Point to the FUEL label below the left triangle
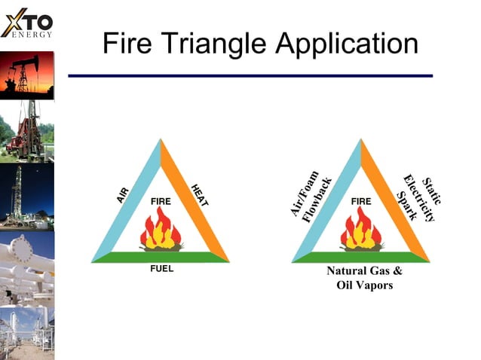tap(158, 270)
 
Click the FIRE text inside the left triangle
tap(161, 202)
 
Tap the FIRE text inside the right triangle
tap(361, 202)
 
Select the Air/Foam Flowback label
tap(311, 194)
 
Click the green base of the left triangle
tap(161, 257)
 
